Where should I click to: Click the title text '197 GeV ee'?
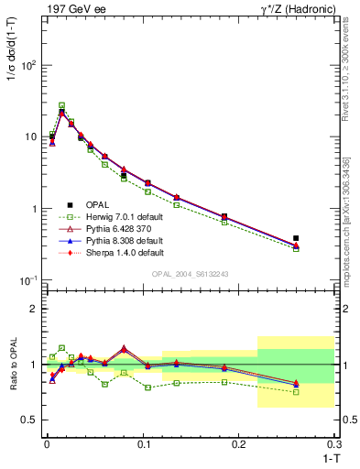point(74,8)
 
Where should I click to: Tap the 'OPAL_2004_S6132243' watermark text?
point(190,274)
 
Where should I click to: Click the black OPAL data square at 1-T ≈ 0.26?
point(296,238)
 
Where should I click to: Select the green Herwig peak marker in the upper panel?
point(62,105)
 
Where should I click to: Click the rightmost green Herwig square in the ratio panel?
point(296,392)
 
